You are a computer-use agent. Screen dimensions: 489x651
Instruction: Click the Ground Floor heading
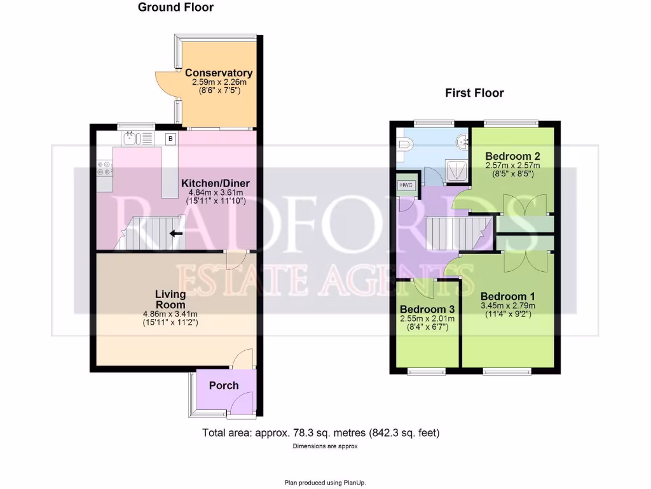pyautogui.click(x=175, y=8)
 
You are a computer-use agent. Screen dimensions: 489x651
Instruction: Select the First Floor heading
pyautogui.click(x=474, y=93)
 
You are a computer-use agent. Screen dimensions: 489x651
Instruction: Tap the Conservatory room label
pyautogui.click(x=219, y=73)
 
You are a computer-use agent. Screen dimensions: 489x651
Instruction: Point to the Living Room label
pyautogui.click(x=170, y=299)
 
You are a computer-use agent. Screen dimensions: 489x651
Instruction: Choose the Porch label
pyautogui.click(x=224, y=385)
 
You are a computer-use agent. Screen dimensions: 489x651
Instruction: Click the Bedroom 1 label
pyautogui.click(x=507, y=296)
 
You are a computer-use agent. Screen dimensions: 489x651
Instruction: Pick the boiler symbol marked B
pyautogui.click(x=170, y=138)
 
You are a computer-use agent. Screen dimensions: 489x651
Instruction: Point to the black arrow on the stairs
pyautogui.click(x=176, y=233)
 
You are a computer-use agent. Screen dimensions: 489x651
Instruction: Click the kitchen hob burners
pyautogui.click(x=104, y=167)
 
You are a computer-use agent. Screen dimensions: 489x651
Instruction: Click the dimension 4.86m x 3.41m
pyautogui.click(x=170, y=314)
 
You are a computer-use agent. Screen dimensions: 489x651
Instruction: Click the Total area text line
pyautogui.click(x=321, y=433)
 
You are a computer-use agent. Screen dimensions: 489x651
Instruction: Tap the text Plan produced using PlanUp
pyautogui.click(x=325, y=482)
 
